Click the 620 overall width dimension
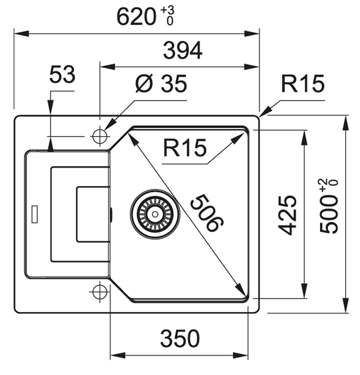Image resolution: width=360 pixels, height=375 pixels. point(135,17)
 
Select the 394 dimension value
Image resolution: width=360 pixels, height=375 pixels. point(182,51)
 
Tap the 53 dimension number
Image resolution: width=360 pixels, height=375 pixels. point(62,75)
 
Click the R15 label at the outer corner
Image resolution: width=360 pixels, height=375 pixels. point(303,84)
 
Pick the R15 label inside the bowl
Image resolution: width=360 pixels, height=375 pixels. point(185,148)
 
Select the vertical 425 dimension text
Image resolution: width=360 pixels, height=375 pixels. point(287,215)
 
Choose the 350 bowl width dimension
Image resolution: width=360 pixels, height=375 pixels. point(180,339)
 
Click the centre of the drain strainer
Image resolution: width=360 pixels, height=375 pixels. point(155,214)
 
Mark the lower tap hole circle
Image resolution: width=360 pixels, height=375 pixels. point(99,292)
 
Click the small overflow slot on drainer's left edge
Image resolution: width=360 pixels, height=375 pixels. point(35,214)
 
